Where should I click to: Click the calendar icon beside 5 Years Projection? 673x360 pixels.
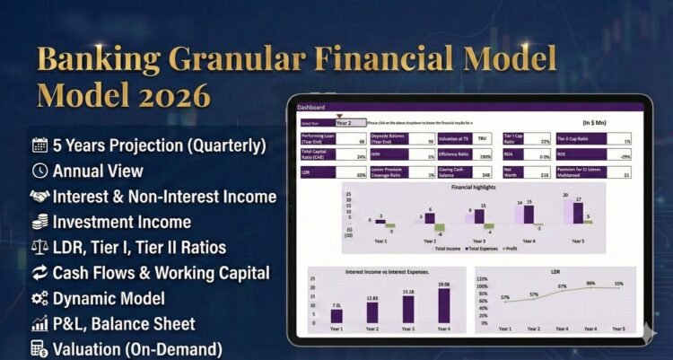tap(39, 145)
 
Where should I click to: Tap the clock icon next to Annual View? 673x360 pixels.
tap(39, 170)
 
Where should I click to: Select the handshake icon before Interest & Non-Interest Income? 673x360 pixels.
tap(39, 196)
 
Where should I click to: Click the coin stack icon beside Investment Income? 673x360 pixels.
tap(39, 222)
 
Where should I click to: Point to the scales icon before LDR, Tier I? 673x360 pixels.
tap(39, 247)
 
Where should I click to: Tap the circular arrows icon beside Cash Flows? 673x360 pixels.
tap(39, 272)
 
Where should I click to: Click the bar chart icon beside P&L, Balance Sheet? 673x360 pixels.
tap(39, 323)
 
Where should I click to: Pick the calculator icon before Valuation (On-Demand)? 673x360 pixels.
tap(39, 348)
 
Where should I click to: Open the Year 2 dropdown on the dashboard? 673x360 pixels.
tap(350, 122)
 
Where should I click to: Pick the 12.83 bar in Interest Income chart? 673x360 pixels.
tap(371, 314)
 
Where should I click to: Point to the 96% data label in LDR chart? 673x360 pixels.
tap(590, 284)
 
